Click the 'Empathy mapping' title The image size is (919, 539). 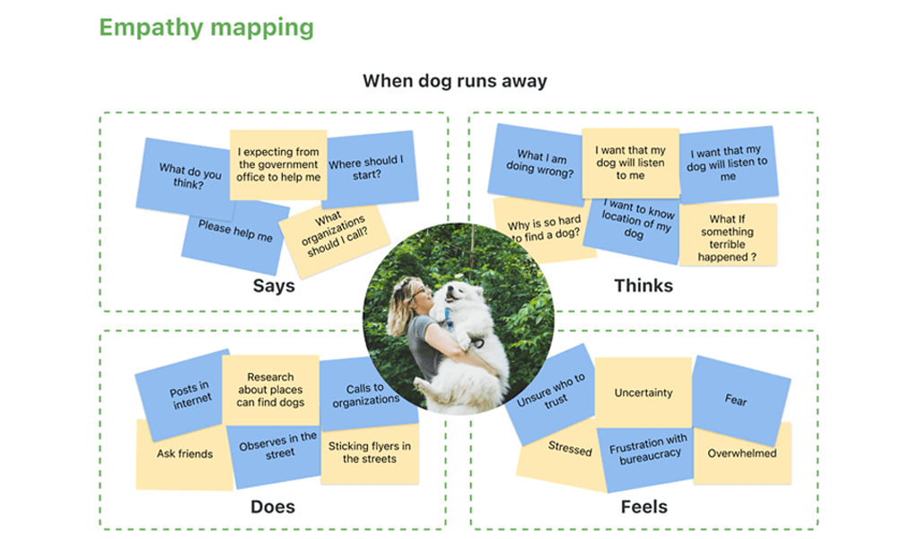point(206,27)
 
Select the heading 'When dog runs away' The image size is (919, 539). point(454,81)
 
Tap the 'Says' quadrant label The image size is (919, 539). point(273,287)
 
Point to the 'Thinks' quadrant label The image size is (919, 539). point(643,286)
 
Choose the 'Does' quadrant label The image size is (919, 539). point(272,507)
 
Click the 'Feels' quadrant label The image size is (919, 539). point(643,507)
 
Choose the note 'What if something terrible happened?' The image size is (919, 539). point(727,238)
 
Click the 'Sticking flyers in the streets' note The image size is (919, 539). point(369,453)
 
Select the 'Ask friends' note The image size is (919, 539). point(184,455)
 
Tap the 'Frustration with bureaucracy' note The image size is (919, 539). point(648,449)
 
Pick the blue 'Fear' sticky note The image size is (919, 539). point(738,398)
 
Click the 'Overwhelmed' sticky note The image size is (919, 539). point(742,454)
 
